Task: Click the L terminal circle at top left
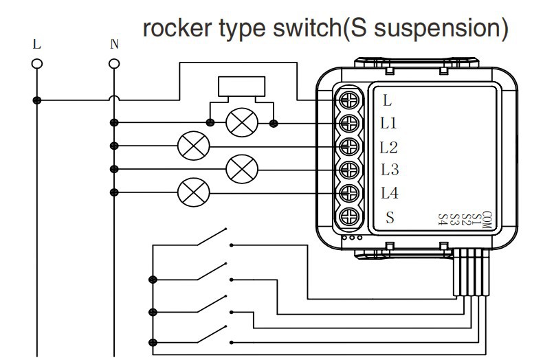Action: pos(36,63)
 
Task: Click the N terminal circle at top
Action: pos(114,63)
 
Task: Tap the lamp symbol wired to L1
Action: pos(242,123)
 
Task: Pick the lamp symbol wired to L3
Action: pos(241,168)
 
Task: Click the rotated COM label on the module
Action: pos(487,219)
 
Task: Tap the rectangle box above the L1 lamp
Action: pos(242,87)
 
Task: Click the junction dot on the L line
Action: pos(37,100)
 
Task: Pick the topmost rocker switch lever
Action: pos(210,238)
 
